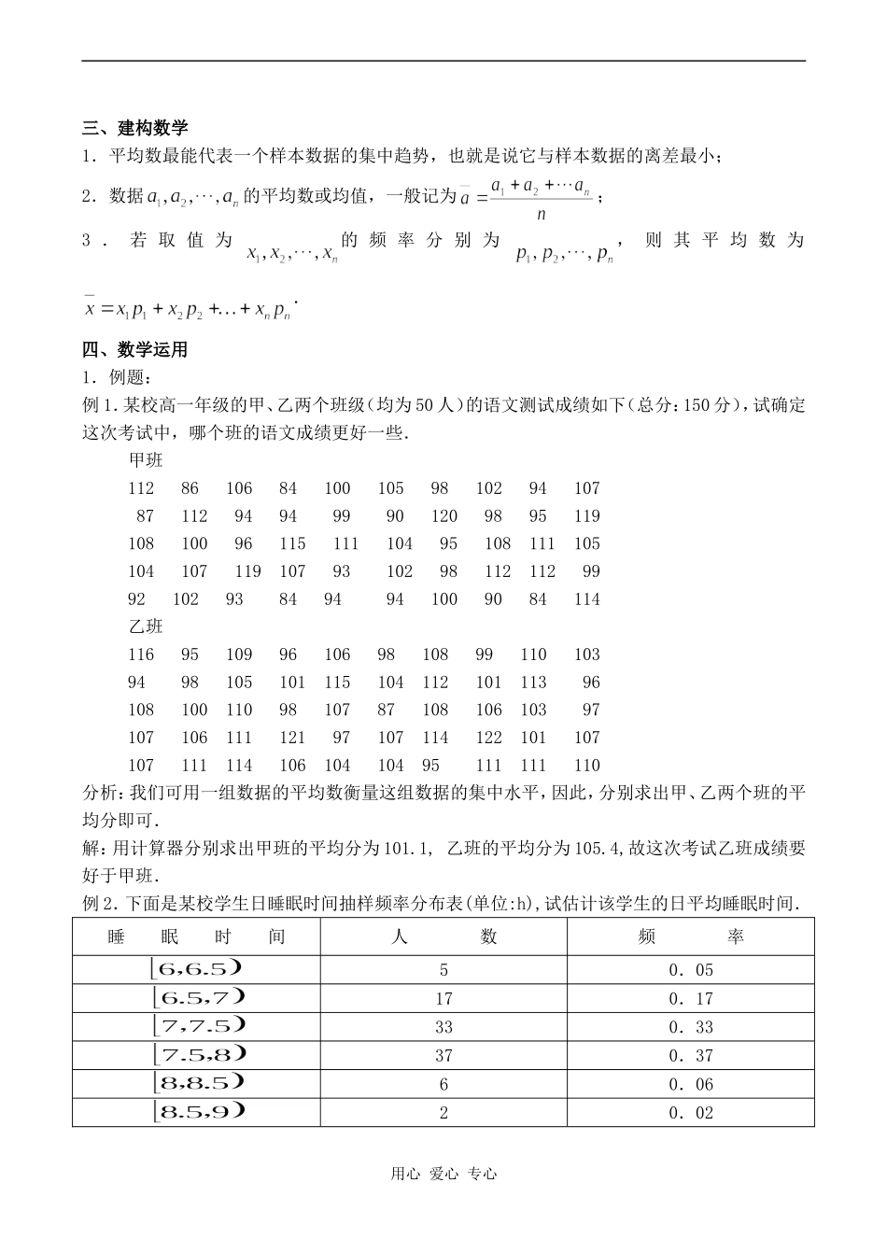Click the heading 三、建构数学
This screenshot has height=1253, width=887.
pyautogui.click(x=135, y=128)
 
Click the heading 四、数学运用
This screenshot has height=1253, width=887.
pyautogui.click(x=135, y=350)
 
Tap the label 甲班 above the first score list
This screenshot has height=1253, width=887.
pyautogui.click(x=146, y=460)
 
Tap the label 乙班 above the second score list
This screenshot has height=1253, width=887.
pyautogui.click(x=146, y=626)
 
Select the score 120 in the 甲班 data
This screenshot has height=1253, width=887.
pyautogui.click(x=444, y=516)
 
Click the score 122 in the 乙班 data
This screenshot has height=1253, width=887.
pyautogui.click(x=488, y=738)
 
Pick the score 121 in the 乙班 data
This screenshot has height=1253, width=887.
pyautogui.click(x=292, y=738)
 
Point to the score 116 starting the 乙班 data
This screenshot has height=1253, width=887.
pyautogui.click(x=141, y=655)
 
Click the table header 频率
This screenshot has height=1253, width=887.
pyautogui.click(x=690, y=936)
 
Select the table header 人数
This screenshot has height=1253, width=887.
pyautogui.click(x=443, y=936)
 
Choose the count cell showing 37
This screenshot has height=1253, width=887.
pyautogui.click(x=443, y=1056)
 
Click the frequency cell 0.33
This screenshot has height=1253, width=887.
pyautogui.click(x=691, y=1027)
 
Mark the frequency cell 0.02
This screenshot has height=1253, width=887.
pyautogui.click(x=691, y=1113)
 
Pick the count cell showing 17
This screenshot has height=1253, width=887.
pyautogui.click(x=443, y=999)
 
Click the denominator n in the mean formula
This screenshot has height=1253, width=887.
pyautogui.click(x=541, y=214)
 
